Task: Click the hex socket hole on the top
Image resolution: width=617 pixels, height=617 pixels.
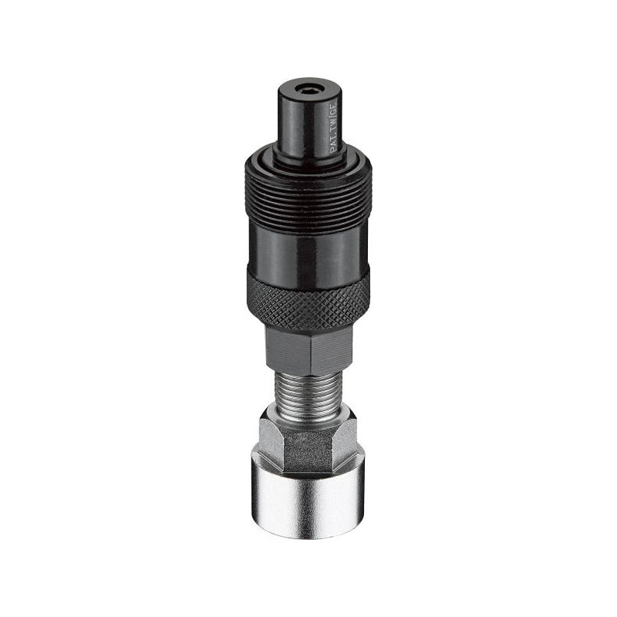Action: click(x=308, y=92)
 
